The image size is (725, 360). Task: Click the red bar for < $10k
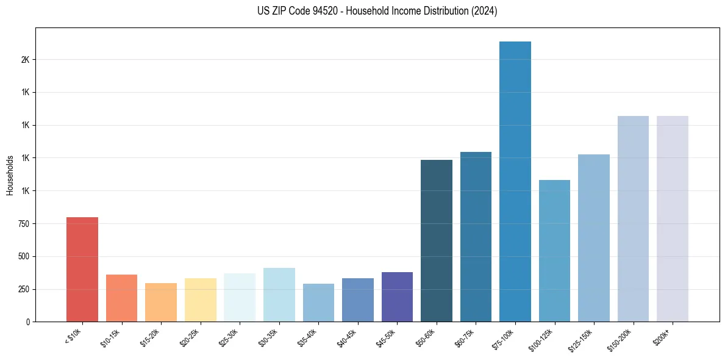82,269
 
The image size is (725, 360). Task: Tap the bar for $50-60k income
437,240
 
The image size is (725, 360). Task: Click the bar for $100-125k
554,251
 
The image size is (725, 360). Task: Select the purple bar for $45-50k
397,297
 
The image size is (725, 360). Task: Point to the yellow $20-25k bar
201,300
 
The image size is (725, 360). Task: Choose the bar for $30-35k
279,295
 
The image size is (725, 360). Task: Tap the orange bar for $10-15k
121,298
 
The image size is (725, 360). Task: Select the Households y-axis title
10,175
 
